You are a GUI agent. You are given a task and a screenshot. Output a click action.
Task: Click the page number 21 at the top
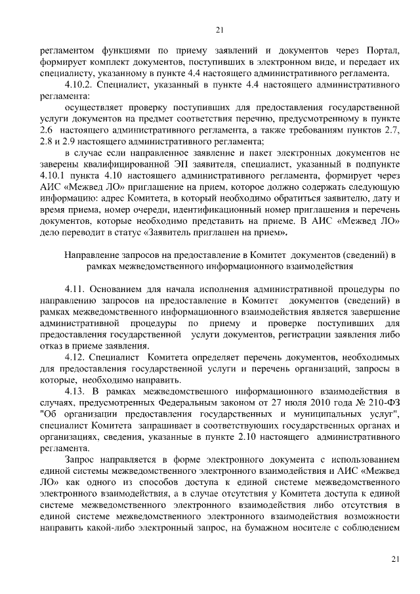[220, 30]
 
